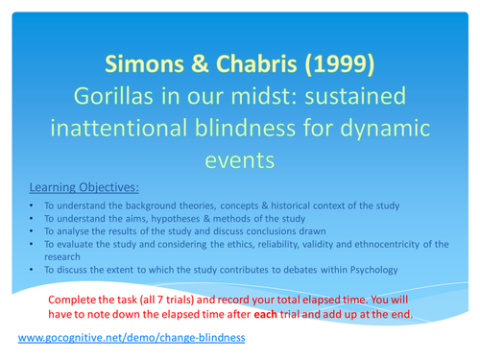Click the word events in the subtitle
(239, 160)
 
